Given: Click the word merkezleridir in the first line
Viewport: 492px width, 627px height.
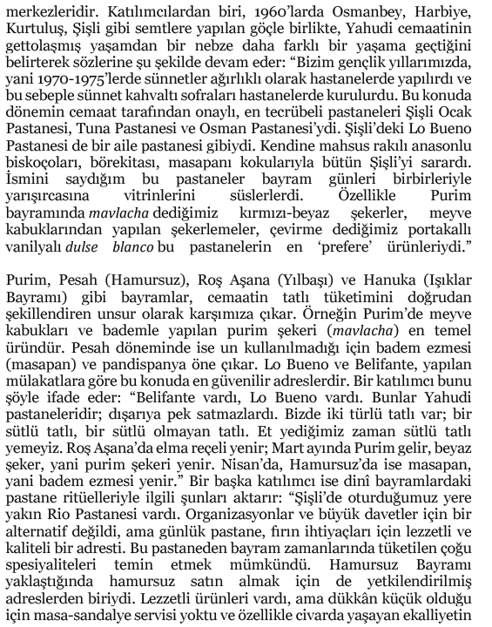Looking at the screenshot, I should (x=44, y=10).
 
